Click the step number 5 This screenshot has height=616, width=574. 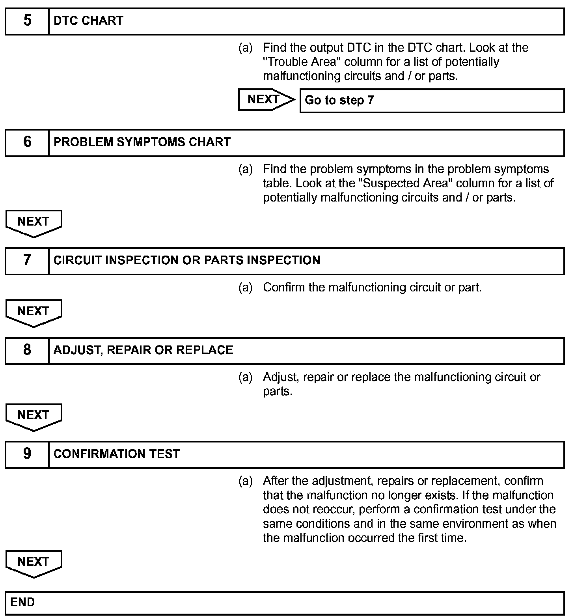tap(27, 21)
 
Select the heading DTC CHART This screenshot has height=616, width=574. tap(88, 21)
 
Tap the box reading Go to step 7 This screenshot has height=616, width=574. tap(432, 101)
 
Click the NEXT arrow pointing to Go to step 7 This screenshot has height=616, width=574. tap(266, 99)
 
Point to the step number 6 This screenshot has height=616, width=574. tap(27, 142)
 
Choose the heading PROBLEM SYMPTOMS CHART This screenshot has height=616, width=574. tap(142, 142)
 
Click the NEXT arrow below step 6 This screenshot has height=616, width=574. tap(34, 223)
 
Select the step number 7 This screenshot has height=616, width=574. tap(27, 260)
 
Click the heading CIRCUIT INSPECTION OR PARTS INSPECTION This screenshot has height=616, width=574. tap(186, 260)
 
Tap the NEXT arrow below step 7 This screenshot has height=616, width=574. tap(34, 312)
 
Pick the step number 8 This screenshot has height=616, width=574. tap(27, 350)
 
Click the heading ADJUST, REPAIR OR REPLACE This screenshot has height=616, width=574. tap(143, 350)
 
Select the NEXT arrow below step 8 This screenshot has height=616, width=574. tap(34, 416)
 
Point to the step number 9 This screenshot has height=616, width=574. tap(27, 454)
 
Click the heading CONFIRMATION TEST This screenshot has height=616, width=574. tap(116, 454)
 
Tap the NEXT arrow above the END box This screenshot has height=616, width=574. tap(34, 563)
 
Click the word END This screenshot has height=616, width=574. tap(22, 602)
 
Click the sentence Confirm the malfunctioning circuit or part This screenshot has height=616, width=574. tap(372, 287)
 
